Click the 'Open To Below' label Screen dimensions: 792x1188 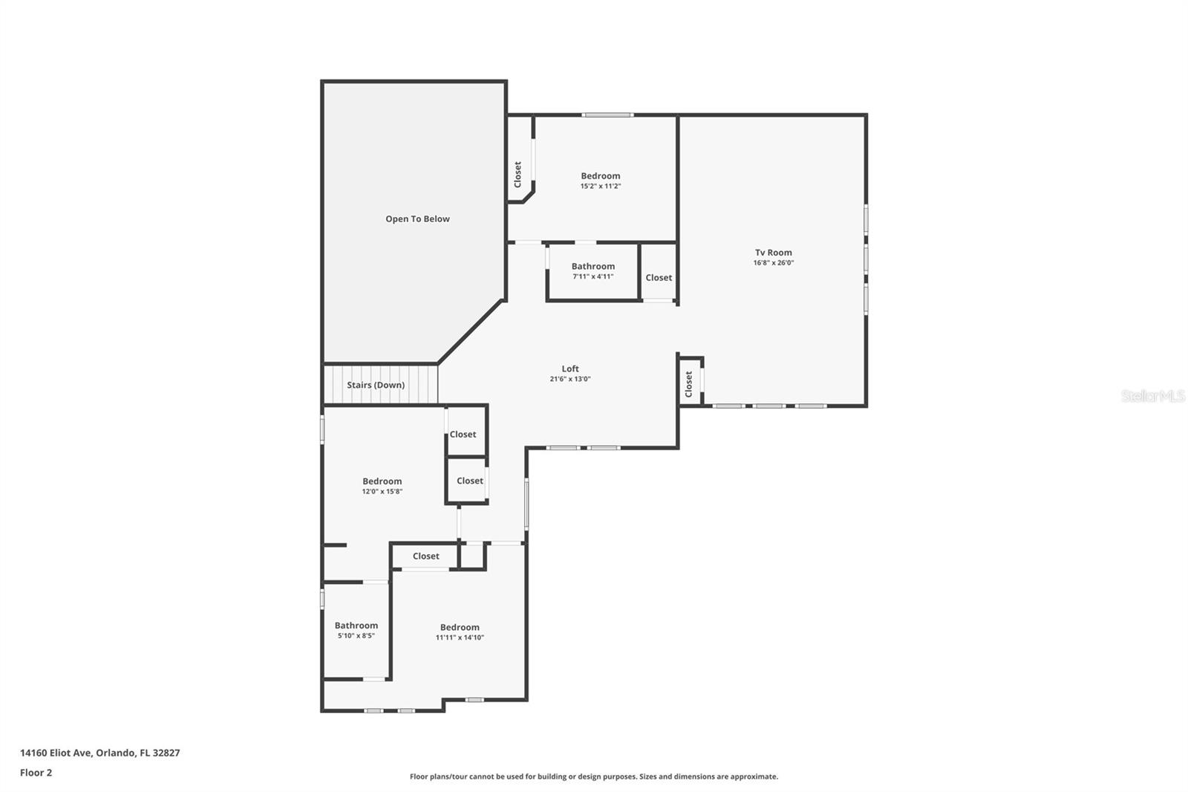click(417, 219)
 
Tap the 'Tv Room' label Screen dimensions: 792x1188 click(773, 253)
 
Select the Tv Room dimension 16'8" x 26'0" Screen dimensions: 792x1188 click(773, 263)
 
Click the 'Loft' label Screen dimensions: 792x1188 click(569, 369)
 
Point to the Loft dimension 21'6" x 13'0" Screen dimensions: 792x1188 click(569, 379)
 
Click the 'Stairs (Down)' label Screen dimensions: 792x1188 click(376, 385)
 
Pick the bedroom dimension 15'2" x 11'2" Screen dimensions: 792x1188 click(600, 186)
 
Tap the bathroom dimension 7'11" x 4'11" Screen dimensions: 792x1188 click(593, 276)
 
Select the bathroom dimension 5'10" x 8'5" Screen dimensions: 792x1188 click(356, 636)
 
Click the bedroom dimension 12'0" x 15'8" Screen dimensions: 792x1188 click(382, 492)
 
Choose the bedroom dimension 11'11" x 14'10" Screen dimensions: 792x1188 click(460, 637)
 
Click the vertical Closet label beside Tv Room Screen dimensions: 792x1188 click(689, 384)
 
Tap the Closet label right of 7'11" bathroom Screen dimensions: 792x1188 click(659, 278)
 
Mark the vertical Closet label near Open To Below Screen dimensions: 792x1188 click(518, 175)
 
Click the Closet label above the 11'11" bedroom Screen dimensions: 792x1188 click(425, 556)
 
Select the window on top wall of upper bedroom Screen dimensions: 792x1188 click(607, 115)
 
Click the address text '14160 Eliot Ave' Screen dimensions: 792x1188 click(56, 753)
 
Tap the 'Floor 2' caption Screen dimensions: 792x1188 click(36, 773)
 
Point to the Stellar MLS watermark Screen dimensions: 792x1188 click(1152, 397)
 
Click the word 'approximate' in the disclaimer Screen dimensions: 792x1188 click(754, 777)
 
